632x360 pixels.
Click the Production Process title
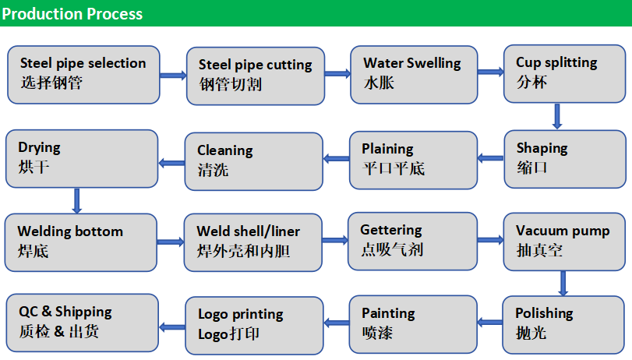point(72,13)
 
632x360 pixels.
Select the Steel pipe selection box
point(83,74)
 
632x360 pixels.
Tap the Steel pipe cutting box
point(255,75)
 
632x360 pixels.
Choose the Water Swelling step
point(413,74)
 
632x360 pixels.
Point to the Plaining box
point(413,159)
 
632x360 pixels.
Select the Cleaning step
point(255,161)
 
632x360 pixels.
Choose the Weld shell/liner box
point(255,242)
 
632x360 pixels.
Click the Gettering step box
point(413,241)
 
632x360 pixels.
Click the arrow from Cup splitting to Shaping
point(557,116)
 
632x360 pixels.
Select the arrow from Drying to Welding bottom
point(76,200)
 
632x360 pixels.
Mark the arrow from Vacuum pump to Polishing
point(563,283)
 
